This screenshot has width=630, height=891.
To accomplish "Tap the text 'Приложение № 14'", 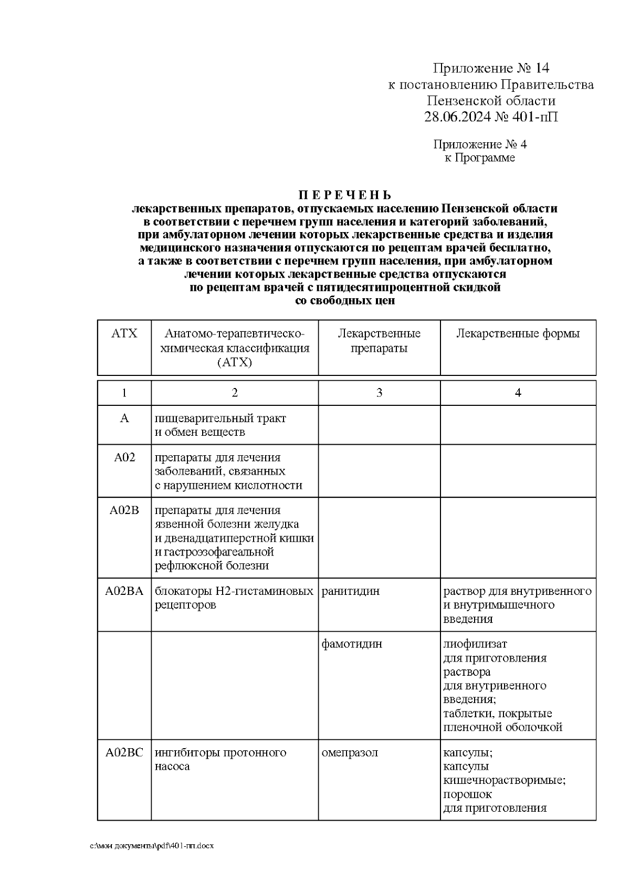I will pyautogui.click(x=490, y=68).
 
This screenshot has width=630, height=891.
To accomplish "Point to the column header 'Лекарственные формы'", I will pyautogui.click(x=518, y=334).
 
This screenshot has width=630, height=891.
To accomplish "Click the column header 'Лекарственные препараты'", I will pyautogui.click(x=379, y=341).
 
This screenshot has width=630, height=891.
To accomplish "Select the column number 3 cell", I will pyautogui.click(x=379, y=393).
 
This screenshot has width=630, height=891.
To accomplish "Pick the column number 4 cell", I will pyautogui.click(x=518, y=393).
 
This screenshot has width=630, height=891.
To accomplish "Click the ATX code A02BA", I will pyautogui.click(x=124, y=591).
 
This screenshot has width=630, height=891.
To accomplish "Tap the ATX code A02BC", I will pyautogui.click(x=124, y=753).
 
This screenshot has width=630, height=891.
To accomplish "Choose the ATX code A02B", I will pyautogui.click(x=124, y=510).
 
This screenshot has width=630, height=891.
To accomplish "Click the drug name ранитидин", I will pyautogui.click(x=350, y=591).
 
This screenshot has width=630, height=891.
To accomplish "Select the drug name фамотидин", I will pyautogui.click(x=352, y=644).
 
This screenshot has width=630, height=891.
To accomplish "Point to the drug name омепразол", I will pyautogui.click(x=350, y=753).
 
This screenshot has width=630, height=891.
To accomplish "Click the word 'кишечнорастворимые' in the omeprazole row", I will pyautogui.click(x=504, y=781).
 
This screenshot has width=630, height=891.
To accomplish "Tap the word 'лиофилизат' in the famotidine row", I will pyautogui.click(x=475, y=644).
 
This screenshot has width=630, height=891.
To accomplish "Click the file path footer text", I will pyautogui.click(x=152, y=846).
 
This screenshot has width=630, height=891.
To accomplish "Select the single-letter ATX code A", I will pyautogui.click(x=124, y=418).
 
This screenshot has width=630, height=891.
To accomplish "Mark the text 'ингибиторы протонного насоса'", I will pyautogui.click(x=220, y=759).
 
